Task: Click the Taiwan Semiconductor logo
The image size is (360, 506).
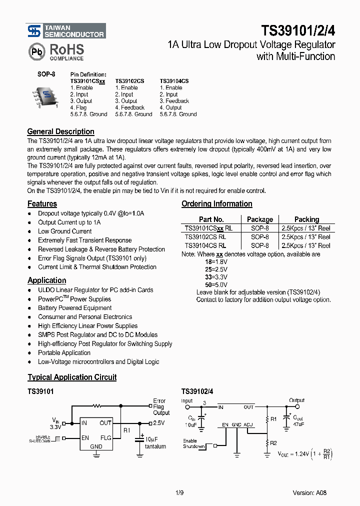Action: [65, 31]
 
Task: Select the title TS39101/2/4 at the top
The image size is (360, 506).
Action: [298, 31]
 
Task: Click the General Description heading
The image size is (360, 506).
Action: [60, 132]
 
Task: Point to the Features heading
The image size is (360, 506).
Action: [42, 204]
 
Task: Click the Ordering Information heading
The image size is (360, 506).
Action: [216, 204]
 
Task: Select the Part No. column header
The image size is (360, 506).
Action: [211, 219]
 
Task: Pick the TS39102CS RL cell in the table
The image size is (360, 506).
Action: [205, 237]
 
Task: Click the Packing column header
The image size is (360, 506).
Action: [306, 219]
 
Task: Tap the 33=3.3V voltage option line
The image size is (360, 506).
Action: [216, 276]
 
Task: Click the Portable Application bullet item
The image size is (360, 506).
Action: [64, 352]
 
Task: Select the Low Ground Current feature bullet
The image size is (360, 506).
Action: [64, 231]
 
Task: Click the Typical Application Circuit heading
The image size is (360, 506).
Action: [72, 377]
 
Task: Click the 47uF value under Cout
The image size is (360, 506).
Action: [298, 423]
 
